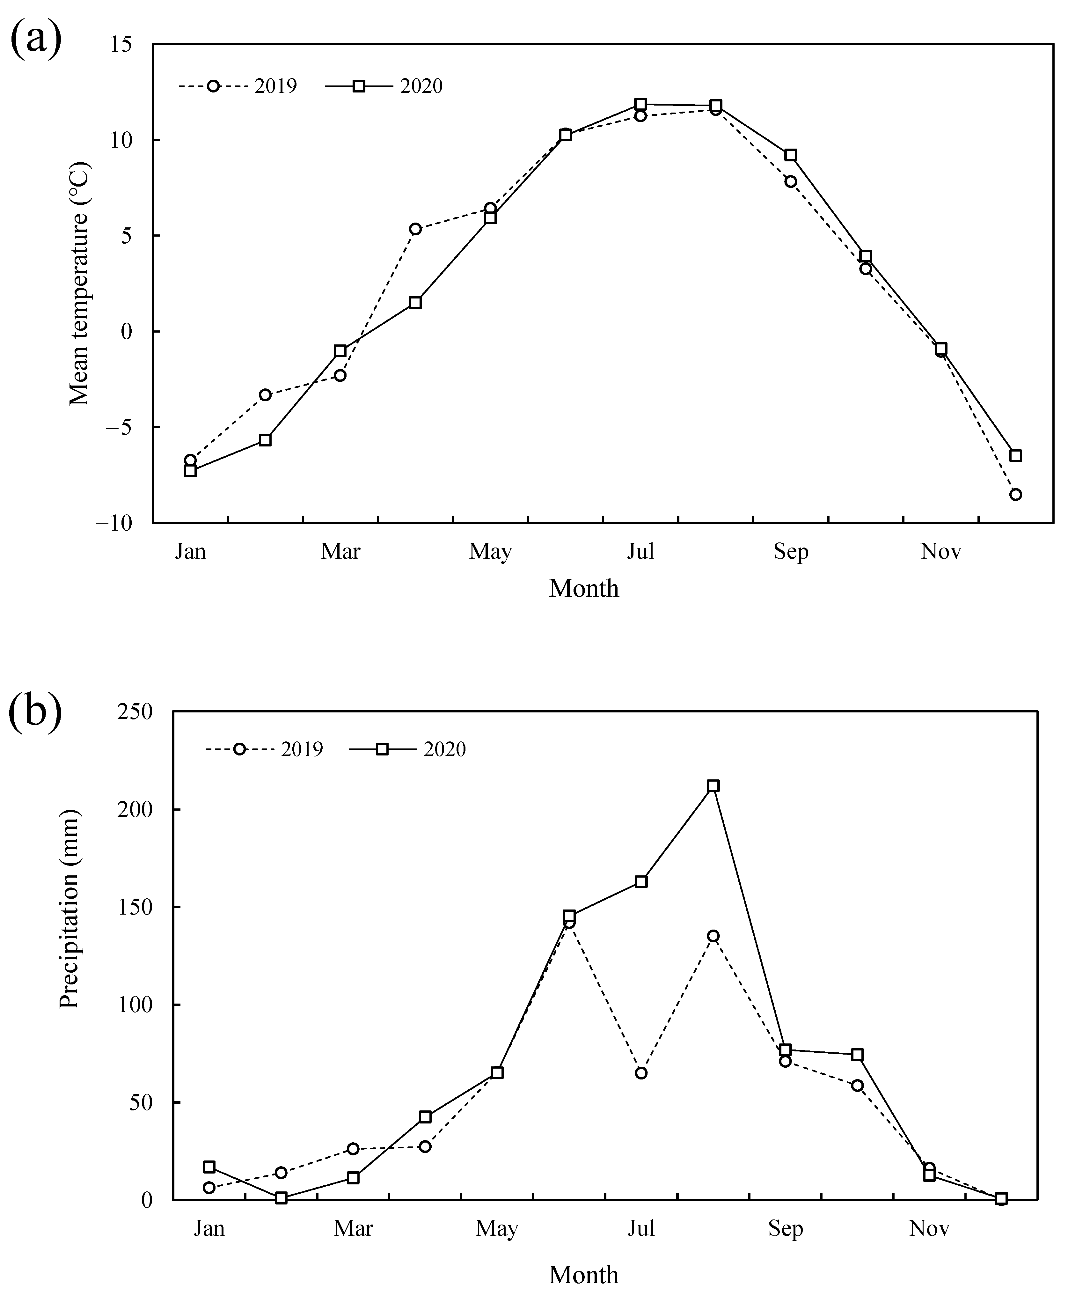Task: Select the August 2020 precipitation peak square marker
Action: (713, 786)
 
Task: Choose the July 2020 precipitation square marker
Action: (641, 882)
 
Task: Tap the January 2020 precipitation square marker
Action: (209, 1167)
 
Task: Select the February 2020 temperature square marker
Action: (265, 440)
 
